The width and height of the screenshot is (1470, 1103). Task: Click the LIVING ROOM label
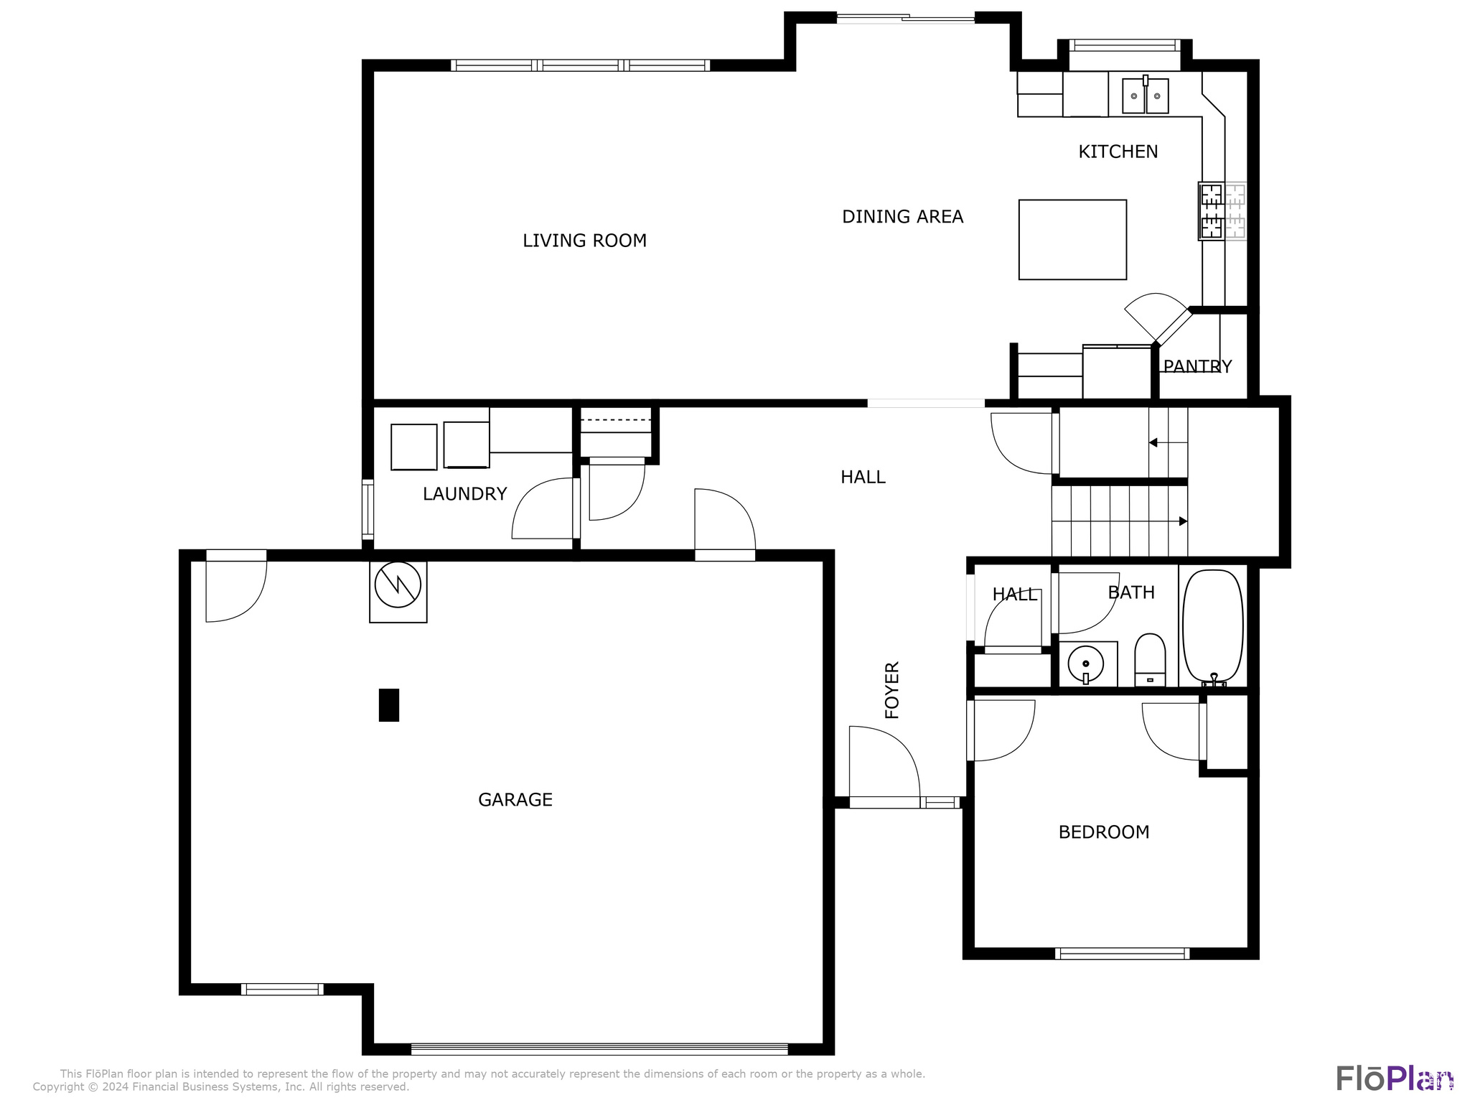pyautogui.click(x=584, y=241)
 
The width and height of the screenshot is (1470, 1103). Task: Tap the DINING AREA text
pyautogui.click(x=902, y=217)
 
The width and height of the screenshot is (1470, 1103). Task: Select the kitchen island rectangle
pyautogui.click(x=1072, y=240)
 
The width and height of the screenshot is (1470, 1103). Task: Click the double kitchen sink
pyautogui.click(x=1145, y=96)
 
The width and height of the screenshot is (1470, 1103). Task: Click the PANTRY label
pyautogui.click(x=1197, y=367)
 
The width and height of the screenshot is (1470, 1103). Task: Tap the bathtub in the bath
pyautogui.click(x=1212, y=625)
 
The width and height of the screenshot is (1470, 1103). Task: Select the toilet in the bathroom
pyautogui.click(x=1150, y=660)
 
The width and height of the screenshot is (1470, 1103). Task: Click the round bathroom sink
pyautogui.click(x=1085, y=664)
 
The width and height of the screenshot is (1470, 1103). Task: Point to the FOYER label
pyautogui.click(x=891, y=690)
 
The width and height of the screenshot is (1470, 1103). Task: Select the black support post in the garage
pyautogui.click(x=388, y=704)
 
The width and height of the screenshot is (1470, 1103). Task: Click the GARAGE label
pyautogui.click(x=515, y=800)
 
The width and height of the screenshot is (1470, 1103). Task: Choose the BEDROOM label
pyautogui.click(x=1103, y=832)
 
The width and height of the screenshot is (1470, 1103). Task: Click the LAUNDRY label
pyautogui.click(x=464, y=494)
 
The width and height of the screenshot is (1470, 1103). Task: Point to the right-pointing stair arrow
pyautogui.click(x=1182, y=521)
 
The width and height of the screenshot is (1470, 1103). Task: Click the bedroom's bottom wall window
pyautogui.click(x=1122, y=954)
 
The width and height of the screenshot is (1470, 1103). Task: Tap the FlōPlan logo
pyautogui.click(x=1394, y=1079)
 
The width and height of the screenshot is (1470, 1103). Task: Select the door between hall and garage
pyautogui.click(x=725, y=524)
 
